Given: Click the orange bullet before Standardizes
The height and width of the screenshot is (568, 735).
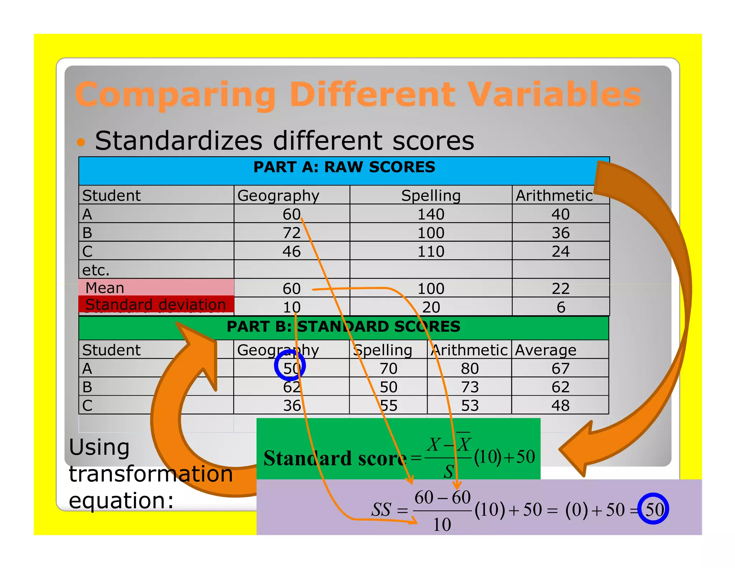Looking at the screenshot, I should (81, 142).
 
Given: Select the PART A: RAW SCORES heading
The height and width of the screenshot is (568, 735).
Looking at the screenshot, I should (344, 167).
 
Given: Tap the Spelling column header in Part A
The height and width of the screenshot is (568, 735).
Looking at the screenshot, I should (431, 196).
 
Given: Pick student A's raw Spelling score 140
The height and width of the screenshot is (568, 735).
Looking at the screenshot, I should (431, 214).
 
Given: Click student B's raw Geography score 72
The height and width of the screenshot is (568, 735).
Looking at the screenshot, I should (291, 233).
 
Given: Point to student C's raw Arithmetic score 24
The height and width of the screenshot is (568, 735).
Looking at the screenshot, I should (560, 251).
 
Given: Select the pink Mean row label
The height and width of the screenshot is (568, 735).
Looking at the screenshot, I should (105, 288).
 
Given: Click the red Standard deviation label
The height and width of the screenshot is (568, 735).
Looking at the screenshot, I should (155, 304).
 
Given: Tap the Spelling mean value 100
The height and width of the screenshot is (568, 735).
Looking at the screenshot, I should (431, 289).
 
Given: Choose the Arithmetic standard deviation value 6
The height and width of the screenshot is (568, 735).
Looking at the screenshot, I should (561, 307).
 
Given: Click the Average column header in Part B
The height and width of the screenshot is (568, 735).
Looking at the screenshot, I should (546, 350).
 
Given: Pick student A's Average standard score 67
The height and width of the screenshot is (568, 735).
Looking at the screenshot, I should (560, 369).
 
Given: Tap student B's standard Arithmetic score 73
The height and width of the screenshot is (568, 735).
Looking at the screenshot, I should (470, 387).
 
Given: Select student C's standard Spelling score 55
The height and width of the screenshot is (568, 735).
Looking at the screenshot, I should (389, 406).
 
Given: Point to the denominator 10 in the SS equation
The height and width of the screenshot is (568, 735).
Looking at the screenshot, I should (442, 525).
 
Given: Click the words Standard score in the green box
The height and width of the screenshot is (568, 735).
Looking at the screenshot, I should (335, 458).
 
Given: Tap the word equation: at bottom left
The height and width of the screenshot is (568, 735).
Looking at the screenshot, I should (121, 501).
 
